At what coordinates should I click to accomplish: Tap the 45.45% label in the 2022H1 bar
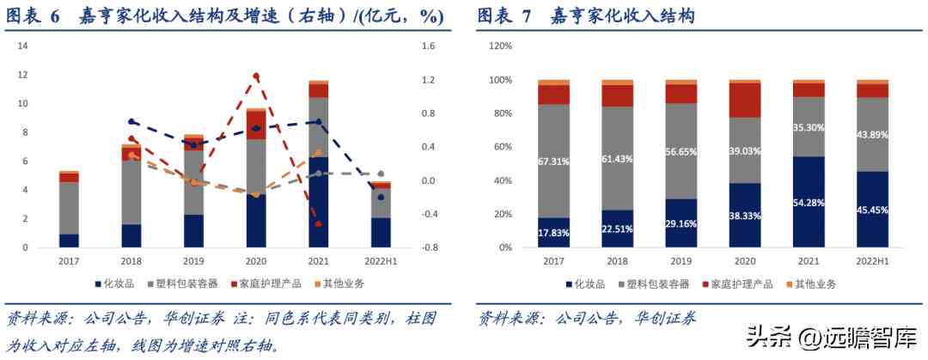[873, 207]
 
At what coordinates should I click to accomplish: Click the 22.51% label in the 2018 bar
[617, 227]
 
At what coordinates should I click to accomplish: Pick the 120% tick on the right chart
[500, 46]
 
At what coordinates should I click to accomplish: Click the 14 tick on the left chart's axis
[23, 46]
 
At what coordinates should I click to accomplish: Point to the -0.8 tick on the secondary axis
[430, 247]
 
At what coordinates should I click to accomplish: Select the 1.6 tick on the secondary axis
[430, 46]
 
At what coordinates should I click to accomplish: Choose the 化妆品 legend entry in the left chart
[113, 284]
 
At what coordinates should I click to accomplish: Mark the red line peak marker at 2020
[256, 76]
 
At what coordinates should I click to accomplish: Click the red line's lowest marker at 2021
[318, 224]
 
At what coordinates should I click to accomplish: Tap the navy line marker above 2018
[131, 122]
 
